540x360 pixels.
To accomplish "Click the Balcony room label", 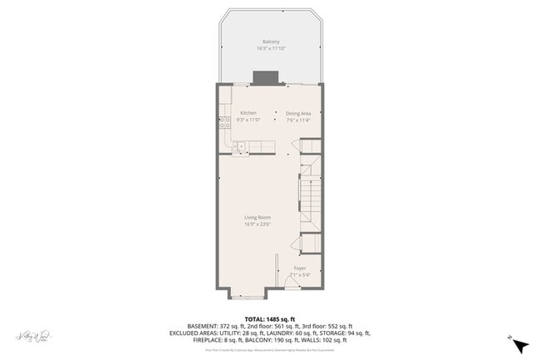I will coord(271,42).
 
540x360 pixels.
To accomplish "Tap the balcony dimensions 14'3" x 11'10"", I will coord(271,49).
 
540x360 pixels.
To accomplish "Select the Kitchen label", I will coord(248,113).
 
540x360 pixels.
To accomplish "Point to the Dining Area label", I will coord(298,113).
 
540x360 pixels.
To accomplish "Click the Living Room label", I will coord(258,217).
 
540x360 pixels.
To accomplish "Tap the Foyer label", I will coord(300,268).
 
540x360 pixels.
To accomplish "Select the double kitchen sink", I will coord(238,147).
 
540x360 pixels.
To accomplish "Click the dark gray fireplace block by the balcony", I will coord(265,77).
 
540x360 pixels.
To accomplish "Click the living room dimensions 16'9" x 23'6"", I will coord(258,224).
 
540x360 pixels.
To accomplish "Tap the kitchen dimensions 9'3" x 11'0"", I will coord(248,120).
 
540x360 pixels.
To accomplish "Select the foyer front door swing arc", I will coord(290,282).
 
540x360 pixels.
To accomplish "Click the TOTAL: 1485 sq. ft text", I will coord(270,318).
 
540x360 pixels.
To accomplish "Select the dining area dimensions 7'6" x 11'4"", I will coord(298,120).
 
